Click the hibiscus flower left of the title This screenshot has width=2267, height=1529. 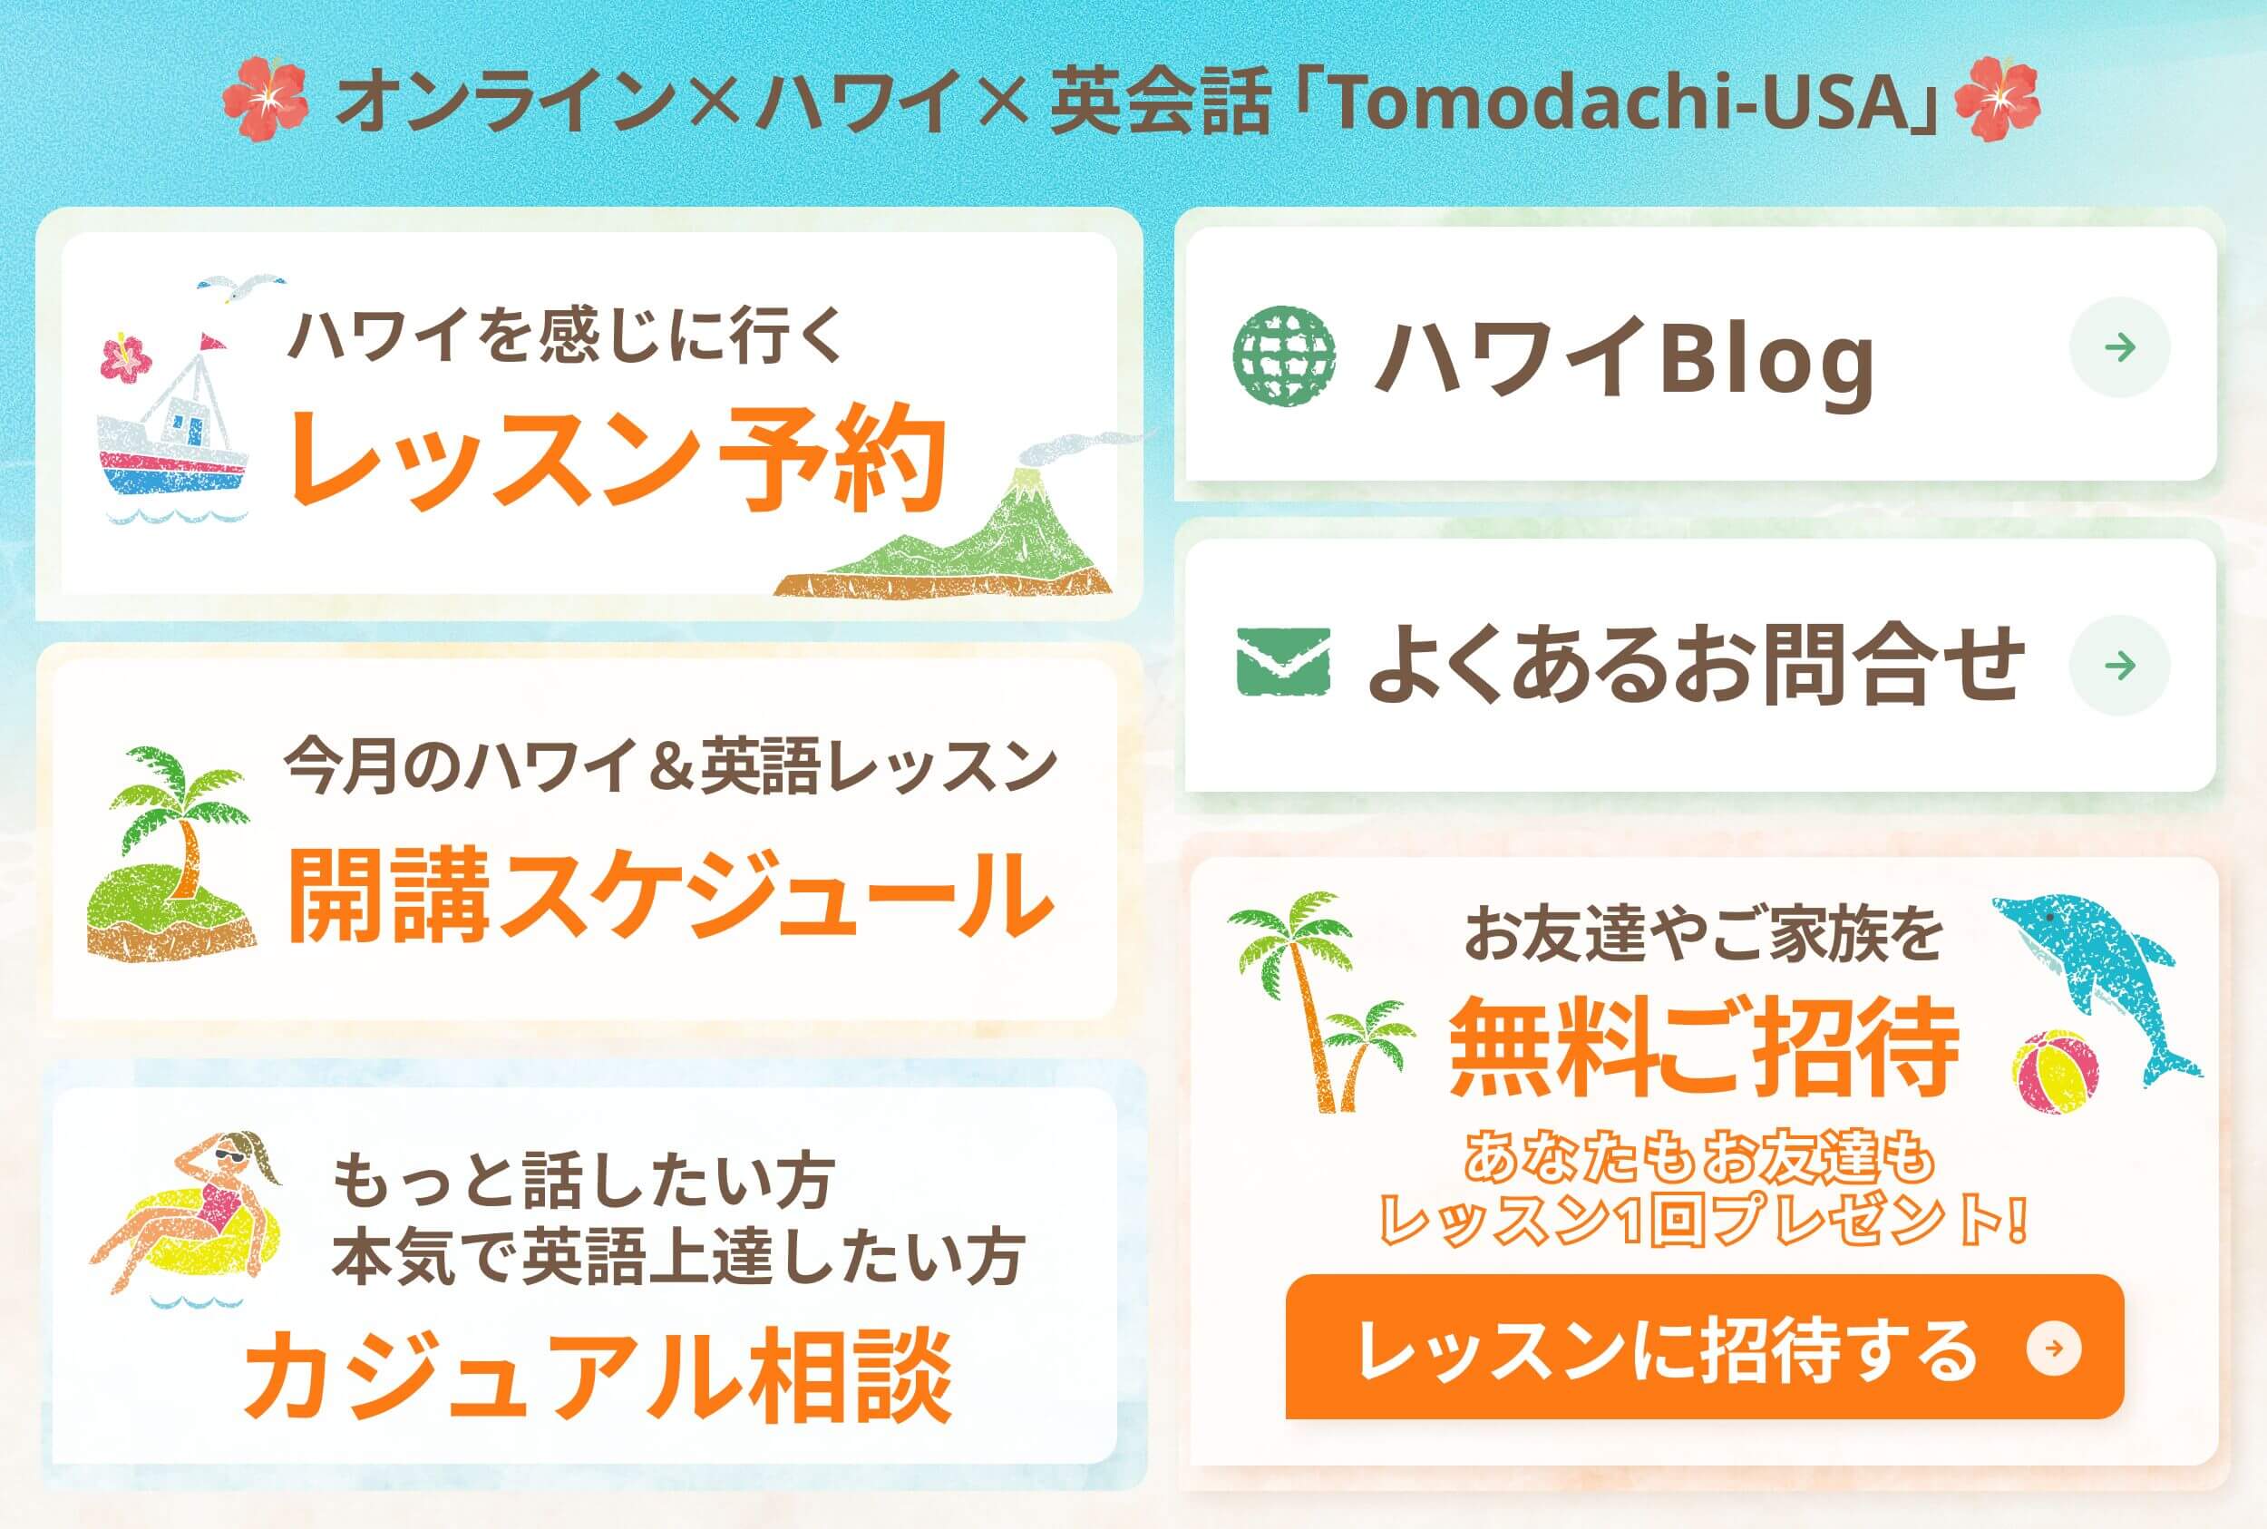tap(265, 99)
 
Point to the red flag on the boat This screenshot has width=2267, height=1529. tap(211, 342)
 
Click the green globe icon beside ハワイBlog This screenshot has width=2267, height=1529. tap(1284, 355)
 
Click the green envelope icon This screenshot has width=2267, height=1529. tap(1283, 662)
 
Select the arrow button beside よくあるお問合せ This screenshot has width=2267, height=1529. tap(2120, 665)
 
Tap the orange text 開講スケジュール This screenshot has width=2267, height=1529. tap(671, 894)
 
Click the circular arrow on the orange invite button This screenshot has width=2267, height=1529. tap(2055, 1349)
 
